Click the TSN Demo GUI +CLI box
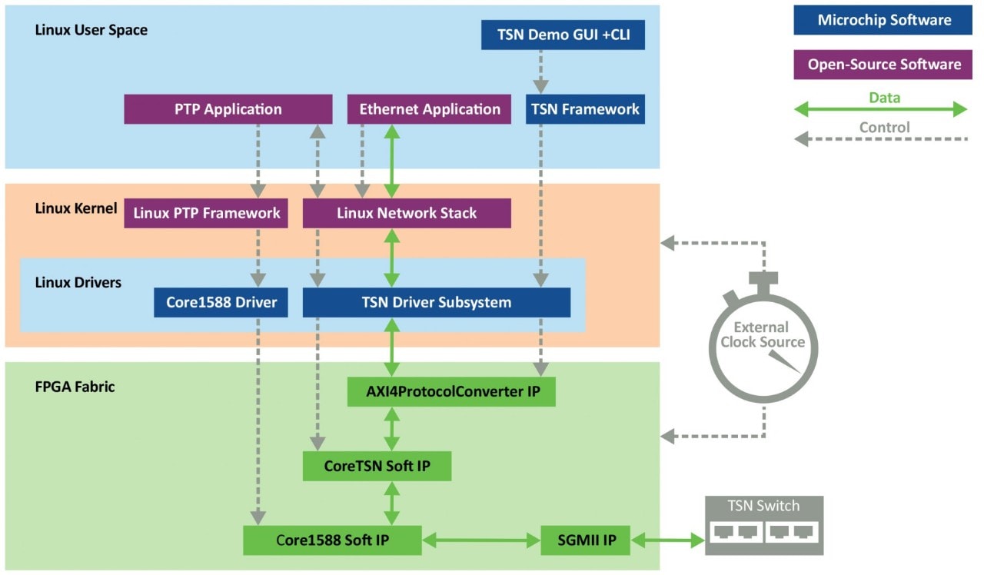point(563,35)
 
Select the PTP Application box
point(228,109)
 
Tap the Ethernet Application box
point(430,109)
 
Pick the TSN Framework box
point(585,109)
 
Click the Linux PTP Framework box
point(206,213)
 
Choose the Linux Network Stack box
point(407,213)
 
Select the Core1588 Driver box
point(221,302)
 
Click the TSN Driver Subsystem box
point(436,302)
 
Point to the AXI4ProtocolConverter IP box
point(451,391)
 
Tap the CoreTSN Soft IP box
point(377,466)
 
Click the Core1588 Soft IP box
point(332,540)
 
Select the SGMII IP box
point(587,540)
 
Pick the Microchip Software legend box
point(883,21)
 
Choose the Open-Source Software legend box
point(883,65)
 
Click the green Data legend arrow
point(881,110)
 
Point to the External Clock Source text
point(762,334)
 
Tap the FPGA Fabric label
point(75,387)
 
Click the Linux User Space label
point(91,30)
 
